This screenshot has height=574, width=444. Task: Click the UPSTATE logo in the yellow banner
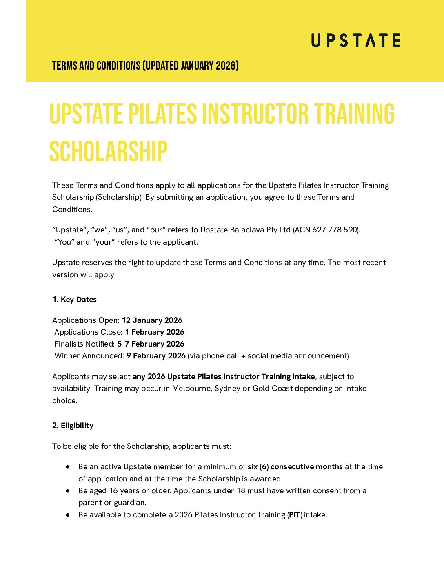coord(355,40)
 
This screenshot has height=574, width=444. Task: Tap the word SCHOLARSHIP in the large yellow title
coord(108,152)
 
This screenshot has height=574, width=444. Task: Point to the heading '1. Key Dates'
coord(74,300)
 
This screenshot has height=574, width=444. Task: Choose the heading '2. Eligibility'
coord(73,426)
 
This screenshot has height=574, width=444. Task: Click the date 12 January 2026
coord(152,320)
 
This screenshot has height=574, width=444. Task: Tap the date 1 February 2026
coord(155,332)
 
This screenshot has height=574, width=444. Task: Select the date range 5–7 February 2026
coord(151,344)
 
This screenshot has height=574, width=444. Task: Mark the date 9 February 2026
coord(156,356)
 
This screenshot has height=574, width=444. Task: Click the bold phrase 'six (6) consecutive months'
coord(295,467)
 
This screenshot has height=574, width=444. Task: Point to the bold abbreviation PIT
coord(295,515)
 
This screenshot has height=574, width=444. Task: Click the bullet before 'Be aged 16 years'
coord(68,491)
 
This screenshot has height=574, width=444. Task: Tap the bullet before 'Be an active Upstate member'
coord(68,467)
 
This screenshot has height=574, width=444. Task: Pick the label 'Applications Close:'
coord(88,332)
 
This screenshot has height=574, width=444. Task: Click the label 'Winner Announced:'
coord(89,356)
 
